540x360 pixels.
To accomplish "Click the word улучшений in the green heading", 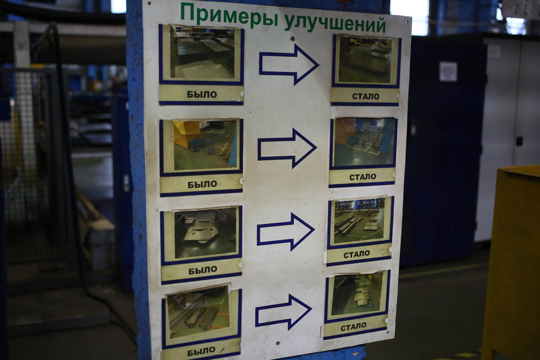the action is [x=335, y=23].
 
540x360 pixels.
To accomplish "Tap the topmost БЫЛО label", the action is [x=202, y=94].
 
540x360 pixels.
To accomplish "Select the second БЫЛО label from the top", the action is [x=202, y=184].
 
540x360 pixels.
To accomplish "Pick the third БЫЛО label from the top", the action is [x=203, y=270].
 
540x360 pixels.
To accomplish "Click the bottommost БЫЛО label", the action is [x=201, y=351].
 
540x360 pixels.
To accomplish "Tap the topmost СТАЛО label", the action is [x=366, y=96].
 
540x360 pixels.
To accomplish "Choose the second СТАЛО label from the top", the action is [x=363, y=177].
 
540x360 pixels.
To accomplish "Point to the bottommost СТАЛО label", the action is [x=353, y=327].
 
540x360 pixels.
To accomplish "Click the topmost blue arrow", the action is [x=289, y=65].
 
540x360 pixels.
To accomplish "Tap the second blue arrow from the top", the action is [x=287, y=148].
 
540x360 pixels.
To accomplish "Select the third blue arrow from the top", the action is [x=285, y=232].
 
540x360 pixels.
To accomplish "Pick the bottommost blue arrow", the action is [x=283, y=312].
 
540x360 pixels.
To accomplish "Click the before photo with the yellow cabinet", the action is [x=205, y=145].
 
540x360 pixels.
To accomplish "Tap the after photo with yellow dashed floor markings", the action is [x=364, y=142].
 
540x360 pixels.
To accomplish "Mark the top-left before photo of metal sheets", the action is [x=202, y=53].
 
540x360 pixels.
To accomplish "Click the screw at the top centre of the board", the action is [x=292, y=38].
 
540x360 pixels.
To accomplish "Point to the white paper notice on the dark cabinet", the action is [x=448, y=72].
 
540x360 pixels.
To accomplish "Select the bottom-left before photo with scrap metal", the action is [x=198, y=311].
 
